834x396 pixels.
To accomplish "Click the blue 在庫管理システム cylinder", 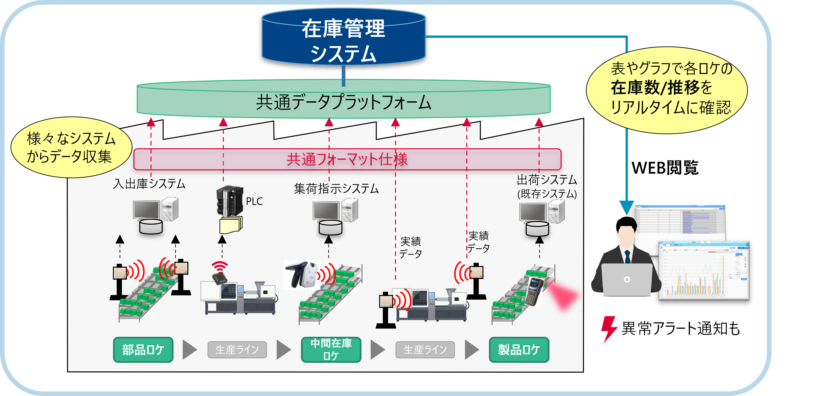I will point(343,38).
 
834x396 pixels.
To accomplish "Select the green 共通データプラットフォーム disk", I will point(343,100).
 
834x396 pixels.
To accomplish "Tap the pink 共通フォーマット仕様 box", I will point(347,160).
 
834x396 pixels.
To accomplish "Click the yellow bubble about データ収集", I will point(71,147).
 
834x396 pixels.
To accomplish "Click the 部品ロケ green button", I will point(143,350).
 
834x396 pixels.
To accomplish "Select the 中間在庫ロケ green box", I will point(331,350).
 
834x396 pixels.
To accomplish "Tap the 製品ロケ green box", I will point(519,350).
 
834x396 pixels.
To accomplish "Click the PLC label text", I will point(254,201).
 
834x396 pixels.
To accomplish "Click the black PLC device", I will point(229,201).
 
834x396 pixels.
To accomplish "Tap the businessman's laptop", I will point(627,280).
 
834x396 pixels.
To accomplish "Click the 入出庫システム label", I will point(149,184).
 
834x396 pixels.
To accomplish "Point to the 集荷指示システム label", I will point(336,189).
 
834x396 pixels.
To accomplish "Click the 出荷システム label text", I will point(547,180).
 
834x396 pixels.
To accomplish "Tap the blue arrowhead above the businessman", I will point(627,208).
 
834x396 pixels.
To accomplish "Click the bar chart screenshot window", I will point(704,270).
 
